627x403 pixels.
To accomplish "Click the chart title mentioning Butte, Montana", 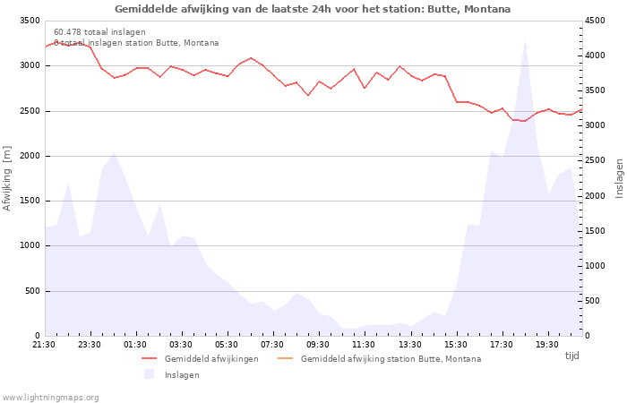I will (x=313, y=9).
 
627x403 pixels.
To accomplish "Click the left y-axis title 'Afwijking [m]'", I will (x=7, y=178).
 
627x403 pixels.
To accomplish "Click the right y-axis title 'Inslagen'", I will (x=619, y=177).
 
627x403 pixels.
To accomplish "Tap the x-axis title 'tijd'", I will (x=571, y=356).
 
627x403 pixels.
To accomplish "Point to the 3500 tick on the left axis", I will (x=29, y=21).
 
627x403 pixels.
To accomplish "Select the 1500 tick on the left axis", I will (x=29, y=201).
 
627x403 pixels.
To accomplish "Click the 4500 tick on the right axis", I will (x=596, y=21).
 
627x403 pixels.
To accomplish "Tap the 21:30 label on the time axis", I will (x=44, y=345).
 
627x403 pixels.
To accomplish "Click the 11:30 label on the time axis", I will (x=364, y=345).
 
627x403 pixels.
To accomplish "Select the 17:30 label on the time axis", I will (x=502, y=345).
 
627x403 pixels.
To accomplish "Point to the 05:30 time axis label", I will (x=227, y=345).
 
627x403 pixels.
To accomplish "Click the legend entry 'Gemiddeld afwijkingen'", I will (x=211, y=359).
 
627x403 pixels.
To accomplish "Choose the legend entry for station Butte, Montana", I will (x=391, y=359).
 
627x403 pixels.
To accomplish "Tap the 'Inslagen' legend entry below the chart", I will (x=182, y=375).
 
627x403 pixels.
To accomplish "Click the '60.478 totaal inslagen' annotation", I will (x=99, y=32).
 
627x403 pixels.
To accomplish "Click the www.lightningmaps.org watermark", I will (x=51, y=398).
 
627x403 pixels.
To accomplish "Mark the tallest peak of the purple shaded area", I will (x=525, y=39).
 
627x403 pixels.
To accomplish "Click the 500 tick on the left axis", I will (x=31, y=291).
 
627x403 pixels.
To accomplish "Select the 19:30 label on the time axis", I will (x=547, y=345).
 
